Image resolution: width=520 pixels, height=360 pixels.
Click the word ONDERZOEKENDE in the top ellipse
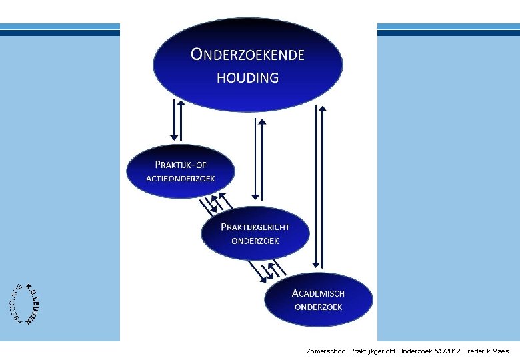[x=247, y=54]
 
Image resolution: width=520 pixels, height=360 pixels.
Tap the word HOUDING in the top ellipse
[x=247, y=77]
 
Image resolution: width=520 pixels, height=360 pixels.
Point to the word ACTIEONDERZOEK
[x=181, y=178]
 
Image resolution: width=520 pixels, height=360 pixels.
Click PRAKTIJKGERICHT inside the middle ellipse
[x=255, y=227]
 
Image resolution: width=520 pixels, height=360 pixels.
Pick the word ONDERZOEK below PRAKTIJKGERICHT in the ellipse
[x=255, y=241]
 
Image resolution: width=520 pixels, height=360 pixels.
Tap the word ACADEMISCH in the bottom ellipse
[x=318, y=293]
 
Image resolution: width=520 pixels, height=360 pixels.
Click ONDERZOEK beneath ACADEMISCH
[x=318, y=307]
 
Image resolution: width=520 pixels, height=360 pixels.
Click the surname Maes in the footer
[x=502, y=351]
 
